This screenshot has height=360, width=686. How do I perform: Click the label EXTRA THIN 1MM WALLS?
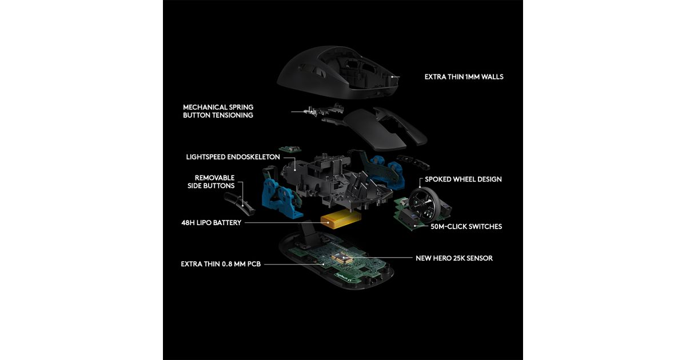(464, 77)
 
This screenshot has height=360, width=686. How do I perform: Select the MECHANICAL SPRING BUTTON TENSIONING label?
(218, 111)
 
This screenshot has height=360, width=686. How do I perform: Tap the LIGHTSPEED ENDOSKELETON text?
(233, 157)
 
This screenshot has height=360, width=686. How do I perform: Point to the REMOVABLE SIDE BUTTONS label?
(211, 182)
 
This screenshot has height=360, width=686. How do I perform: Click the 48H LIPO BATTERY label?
(212, 222)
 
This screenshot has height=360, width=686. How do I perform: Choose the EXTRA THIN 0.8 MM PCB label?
(221, 264)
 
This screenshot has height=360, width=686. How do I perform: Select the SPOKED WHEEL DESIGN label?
(463, 179)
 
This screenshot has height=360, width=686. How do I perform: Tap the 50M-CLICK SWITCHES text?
(466, 226)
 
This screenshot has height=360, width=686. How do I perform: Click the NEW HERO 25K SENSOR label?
(454, 258)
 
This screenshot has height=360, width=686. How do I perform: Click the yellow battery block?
(341, 219)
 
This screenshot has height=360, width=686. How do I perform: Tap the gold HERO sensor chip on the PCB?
(342, 258)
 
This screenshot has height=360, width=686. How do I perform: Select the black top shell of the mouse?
(337, 72)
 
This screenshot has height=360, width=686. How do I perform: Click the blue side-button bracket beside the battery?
(280, 198)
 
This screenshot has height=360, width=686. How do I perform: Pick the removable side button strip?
(239, 203)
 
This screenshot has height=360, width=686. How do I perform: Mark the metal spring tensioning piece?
(318, 110)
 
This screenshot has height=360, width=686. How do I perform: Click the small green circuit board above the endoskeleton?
(290, 149)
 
